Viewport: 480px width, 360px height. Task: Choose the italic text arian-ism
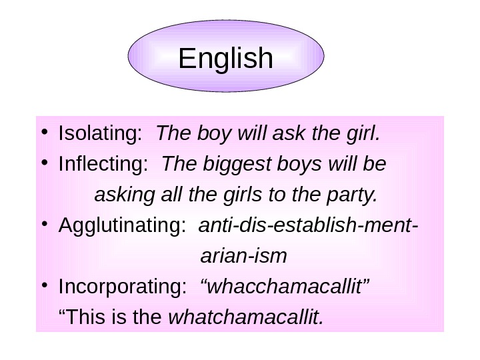pos(243,256)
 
